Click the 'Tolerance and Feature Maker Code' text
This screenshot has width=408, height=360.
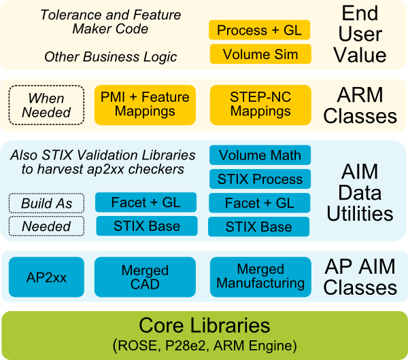pyautogui.click(x=110, y=22)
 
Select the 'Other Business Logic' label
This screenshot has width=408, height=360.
pyautogui.click(x=110, y=56)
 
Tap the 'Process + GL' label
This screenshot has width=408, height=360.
pyautogui.click(x=259, y=30)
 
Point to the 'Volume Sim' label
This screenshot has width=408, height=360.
pyautogui.click(x=260, y=55)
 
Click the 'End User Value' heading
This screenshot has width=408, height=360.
pyautogui.click(x=360, y=34)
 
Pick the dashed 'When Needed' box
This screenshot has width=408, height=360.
pyautogui.click(x=46, y=105)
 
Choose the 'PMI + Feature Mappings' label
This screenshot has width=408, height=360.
pyautogui.click(x=145, y=104)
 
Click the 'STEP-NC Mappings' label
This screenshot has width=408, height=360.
pyautogui.click(x=260, y=104)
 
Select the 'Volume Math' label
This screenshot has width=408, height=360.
pyautogui.click(x=260, y=156)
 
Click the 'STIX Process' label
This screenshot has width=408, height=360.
pyautogui.click(x=260, y=179)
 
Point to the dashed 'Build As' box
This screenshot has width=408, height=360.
pyautogui.click(x=46, y=203)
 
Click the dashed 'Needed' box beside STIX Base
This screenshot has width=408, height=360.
pyautogui.click(x=46, y=226)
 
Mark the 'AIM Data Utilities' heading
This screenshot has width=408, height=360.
pyautogui.click(x=360, y=193)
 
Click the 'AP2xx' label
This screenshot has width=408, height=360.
pyautogui.click(x=46, y=277)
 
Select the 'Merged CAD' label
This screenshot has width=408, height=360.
pyautogui.click(x=145, y=277)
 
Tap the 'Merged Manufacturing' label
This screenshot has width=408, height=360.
pyautogui.click(x=260, y=276)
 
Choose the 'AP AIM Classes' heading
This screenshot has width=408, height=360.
pyautogui.click(x=360, y=276)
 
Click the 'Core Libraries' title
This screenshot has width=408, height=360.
pyautogui.click(x=204, y=325)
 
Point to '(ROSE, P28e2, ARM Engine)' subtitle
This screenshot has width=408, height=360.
pyautogui.click(x=204, y=345)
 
